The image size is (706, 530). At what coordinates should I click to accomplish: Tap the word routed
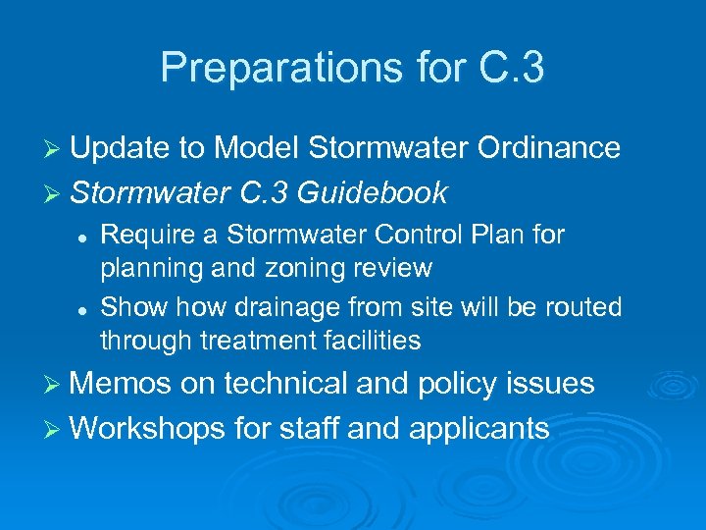[x=582, y=307]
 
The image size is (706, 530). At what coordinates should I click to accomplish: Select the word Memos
[x=122, y=384]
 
